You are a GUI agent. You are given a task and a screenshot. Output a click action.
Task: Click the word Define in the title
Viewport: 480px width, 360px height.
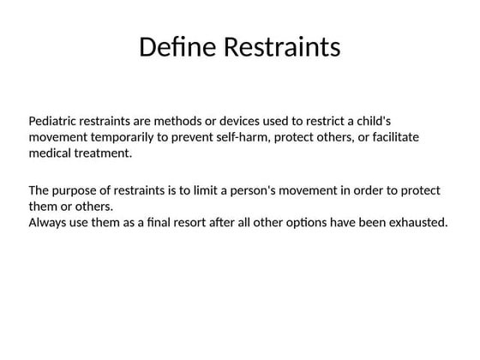pyautogui.click(x=177, y=47)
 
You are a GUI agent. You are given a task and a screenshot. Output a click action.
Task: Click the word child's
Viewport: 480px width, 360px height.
pyautogui.click(x=371, y=121)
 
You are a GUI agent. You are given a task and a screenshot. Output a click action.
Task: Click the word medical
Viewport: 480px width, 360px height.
pyautogui.click(x=51, y=153)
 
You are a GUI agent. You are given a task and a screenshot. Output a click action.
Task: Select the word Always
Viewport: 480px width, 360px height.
pyautogui.click(x=48, y=223)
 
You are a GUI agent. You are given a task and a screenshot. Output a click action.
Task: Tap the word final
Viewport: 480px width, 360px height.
pyautogui.click(x=151, y=223)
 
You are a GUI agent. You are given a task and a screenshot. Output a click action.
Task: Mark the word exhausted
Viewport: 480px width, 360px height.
pyautogui.click(x=417, y=223)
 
